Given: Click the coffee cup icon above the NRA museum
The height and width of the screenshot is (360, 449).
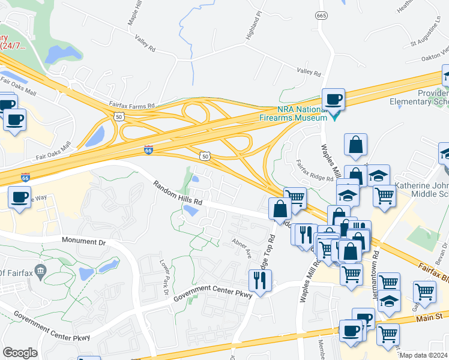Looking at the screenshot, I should (x=334, y=99).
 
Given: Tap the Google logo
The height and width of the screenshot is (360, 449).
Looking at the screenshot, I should (x=20, y=353).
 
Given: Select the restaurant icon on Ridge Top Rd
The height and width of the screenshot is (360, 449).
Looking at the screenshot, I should (x=260, y=280).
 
